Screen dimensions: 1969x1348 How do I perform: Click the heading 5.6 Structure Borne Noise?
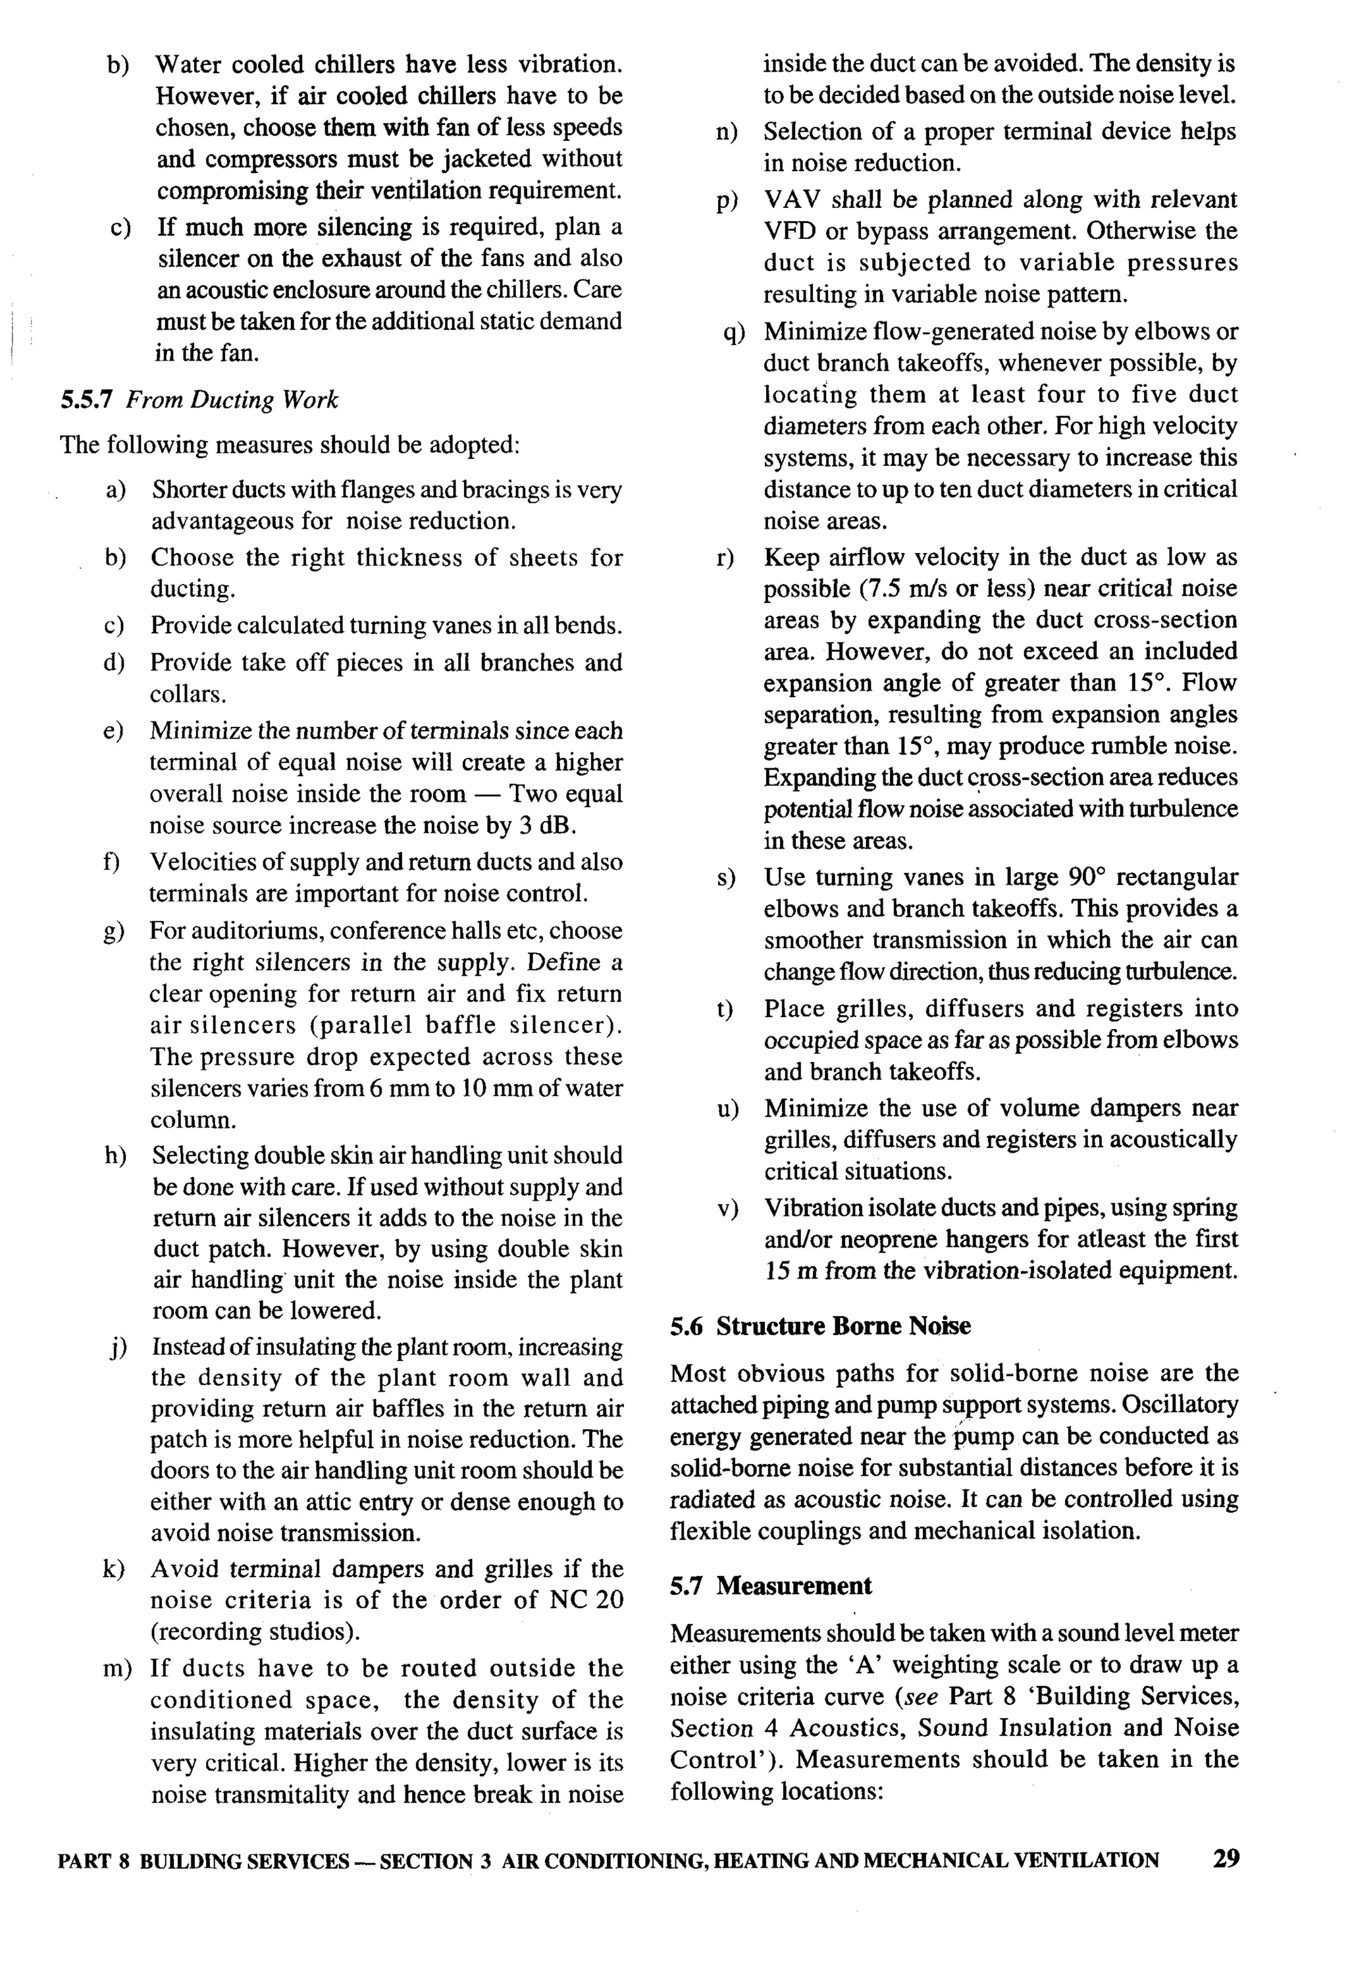click(x=819, y=1326)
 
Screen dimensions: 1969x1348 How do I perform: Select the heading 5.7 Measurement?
click(x=770, y=1586)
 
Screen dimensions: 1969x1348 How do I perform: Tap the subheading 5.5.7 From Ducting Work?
click(x=198, y=400)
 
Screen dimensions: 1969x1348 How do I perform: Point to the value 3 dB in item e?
click(x=540, y=826)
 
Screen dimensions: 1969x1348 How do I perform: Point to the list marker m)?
click(x=117, y=1668)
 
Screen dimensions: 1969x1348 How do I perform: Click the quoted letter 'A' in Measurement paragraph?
click(x=864, y=1665)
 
